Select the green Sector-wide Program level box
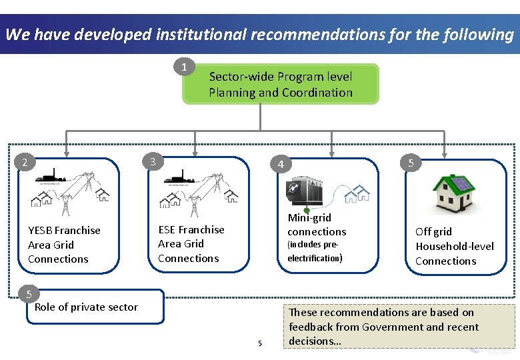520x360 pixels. coord(281,84)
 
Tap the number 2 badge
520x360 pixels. coord(25,162)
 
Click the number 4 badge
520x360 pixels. coord(281,165)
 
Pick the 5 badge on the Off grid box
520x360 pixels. coord(411,162)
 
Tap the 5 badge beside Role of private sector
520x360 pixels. coord(29,294)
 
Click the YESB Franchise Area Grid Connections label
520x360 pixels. coord(64,245)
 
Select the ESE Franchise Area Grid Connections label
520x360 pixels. coord(191,244)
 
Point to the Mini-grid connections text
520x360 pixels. coord(317,225)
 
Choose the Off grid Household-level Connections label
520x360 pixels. coord(454,246)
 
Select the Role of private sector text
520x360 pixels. coord(86,307)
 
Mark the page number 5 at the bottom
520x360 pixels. coord(260,343)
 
